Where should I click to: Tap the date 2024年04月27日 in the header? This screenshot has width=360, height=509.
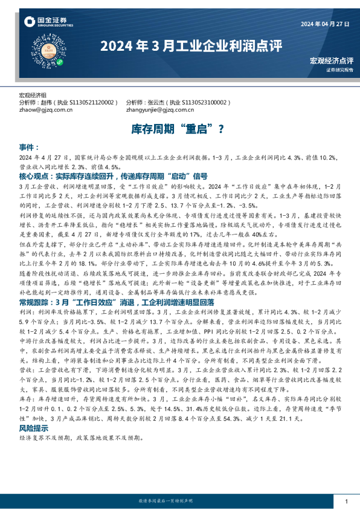click(324, 24)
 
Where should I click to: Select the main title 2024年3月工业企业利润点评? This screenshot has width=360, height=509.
click(182, 45)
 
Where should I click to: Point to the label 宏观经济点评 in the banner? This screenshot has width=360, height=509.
click(331, 60)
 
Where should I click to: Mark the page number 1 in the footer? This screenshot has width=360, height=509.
click(347, 501)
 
